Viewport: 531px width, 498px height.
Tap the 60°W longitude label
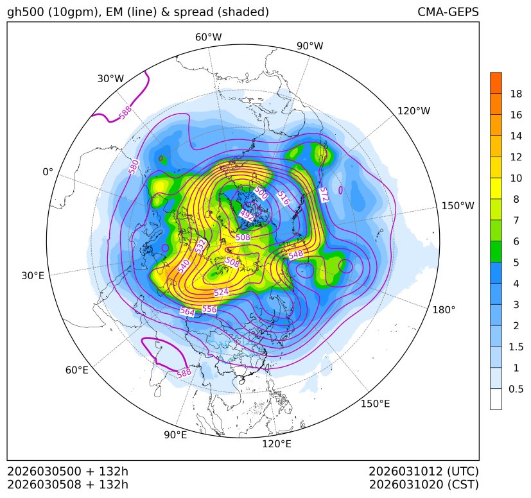pos(208,37)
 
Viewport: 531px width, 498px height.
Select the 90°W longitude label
pos(310,46)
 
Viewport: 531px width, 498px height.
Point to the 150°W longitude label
pos(458,206)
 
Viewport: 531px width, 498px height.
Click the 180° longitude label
pos(444,310)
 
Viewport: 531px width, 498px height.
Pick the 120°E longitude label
pos(277,444)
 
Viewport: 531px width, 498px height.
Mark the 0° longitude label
pos(48,172)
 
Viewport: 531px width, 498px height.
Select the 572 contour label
pos(324,194)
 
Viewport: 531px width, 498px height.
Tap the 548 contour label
pos(296,255)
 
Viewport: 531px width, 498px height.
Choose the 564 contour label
pos(187,311)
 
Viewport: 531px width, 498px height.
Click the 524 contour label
pos(221,292)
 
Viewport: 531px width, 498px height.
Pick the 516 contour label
pos(283,198)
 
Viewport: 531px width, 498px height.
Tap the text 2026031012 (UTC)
pos(424,472)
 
